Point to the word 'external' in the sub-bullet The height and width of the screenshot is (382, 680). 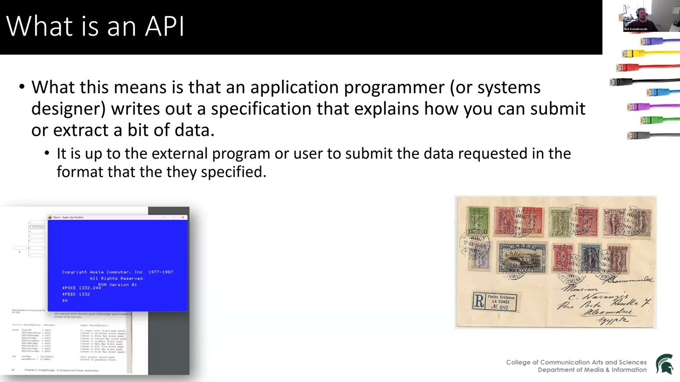tap(180, 153)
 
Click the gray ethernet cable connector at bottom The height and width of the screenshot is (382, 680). tap(637, 135)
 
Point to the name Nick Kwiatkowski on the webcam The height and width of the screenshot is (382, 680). tap(635, 29)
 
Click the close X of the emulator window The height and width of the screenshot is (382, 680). tap(183, 217)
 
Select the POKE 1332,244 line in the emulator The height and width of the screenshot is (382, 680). tap(81, 288)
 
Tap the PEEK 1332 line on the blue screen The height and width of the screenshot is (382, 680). tap(76, 294)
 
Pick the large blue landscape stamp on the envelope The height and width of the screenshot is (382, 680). tap(522, 258)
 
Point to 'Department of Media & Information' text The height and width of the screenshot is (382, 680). tap(592, 370)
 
